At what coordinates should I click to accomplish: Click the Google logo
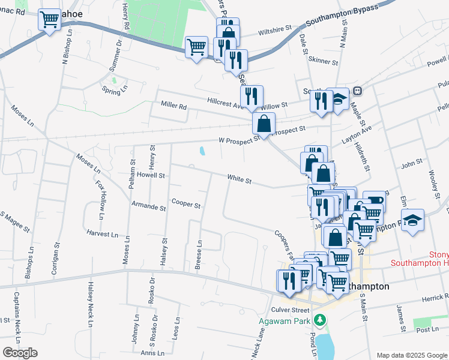pyautogui.click(x=20, y=353)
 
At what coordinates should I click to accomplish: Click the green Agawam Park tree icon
pyautogui.click(x=321, y=319)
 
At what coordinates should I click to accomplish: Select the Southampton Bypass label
pyautogui.click(x=342, y=16)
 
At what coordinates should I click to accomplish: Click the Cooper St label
pyautogui.click(x=185, y=204)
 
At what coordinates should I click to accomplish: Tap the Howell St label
pyautogui.click(x=150, y=175)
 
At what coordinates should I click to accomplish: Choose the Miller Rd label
pyautogui.click(x=174, y=105)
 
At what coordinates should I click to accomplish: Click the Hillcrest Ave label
pyautogui.click(x=226, y=101)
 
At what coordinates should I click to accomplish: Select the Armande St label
pyautogui.click(x=148, y=207)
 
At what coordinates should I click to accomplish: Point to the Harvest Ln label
pyautogui.click(x=103, y=233)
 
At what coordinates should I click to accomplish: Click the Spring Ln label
pyautogui.click(x=115, y=91)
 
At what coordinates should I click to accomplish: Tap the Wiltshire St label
pyautogui.click(x=274, y=28)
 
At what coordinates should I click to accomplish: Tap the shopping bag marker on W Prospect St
pyautogui.click(x=264, y=124)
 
